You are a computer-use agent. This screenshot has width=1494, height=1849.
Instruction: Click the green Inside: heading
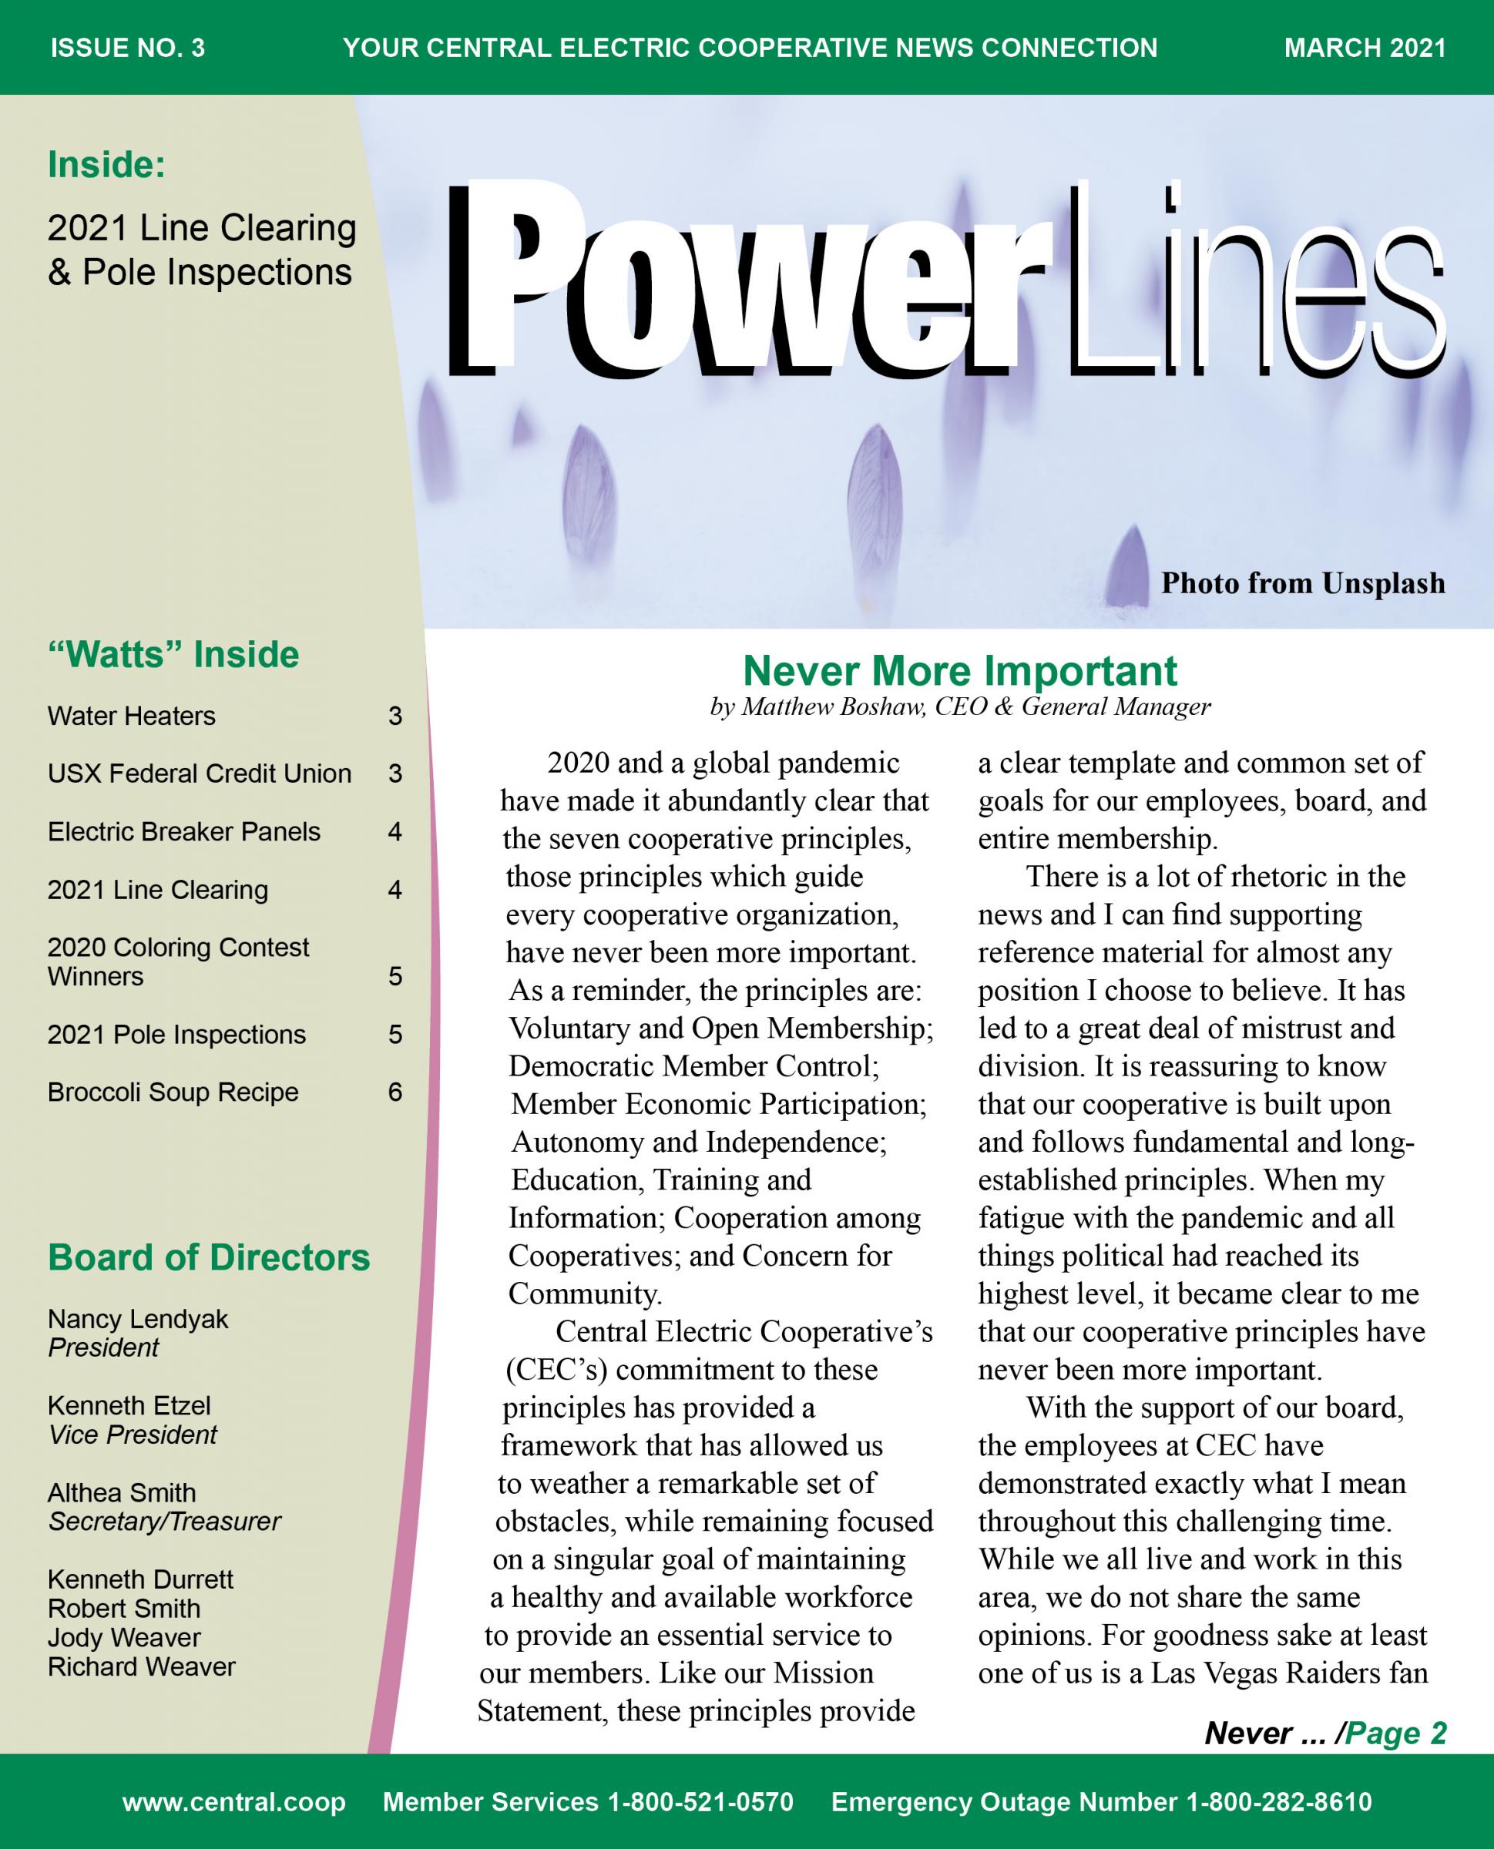click(x=106, y=164)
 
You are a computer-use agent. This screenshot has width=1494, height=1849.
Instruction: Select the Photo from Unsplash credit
click(x=1302, y=583)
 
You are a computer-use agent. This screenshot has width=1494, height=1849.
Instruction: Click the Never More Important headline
click(x=959, y=670)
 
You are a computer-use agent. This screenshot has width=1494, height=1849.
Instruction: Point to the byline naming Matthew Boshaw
click(x=959, y=706)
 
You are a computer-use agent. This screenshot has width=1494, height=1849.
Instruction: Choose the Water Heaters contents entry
click(x=132, y=716)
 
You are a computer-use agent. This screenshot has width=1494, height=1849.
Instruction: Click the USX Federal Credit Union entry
click(x=199, y=773)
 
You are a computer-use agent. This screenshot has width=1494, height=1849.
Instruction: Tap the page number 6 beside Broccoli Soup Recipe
click(x=395, y=1092)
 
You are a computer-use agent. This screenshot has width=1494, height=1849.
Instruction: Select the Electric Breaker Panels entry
click(x=183, y=831)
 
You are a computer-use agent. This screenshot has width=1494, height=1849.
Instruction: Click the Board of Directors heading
click(x=208, y=1257)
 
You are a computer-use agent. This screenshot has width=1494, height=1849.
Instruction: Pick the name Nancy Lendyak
click(x=138, y=1319)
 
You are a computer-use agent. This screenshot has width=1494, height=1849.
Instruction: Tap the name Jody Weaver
click(x=124, y=1637)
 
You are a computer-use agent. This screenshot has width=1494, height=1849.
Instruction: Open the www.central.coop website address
click(x=234, y=1802)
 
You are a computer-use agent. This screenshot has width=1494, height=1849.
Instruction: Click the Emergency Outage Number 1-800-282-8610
click(x=1101, y=1802)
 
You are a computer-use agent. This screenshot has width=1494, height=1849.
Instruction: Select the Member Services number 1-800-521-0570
click(x=588, y=1802)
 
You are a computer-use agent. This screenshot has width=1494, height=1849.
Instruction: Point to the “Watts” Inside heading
click(x=173, y=655)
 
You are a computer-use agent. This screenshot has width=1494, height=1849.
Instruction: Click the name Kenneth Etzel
click(x=129, y=1405)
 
